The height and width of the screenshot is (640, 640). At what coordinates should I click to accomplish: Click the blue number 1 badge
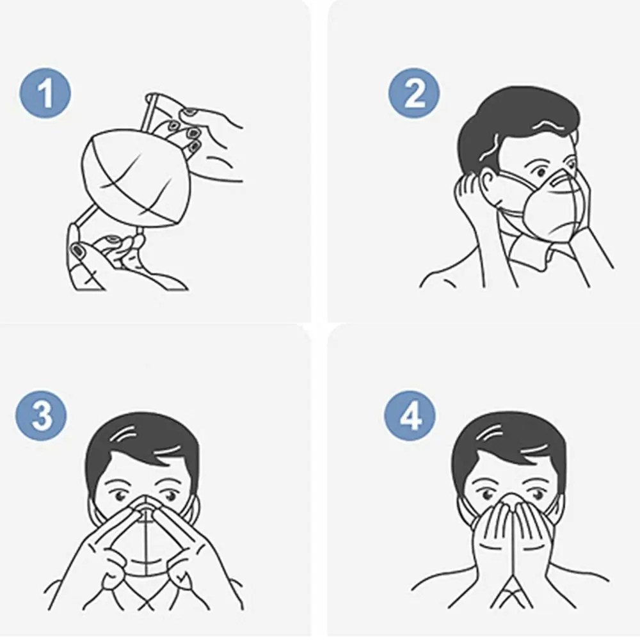(x=45, y=95)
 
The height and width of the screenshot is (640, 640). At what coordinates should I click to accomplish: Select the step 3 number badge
(x=42, y=416)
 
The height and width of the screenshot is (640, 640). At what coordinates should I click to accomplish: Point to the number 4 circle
(x=410, y=416)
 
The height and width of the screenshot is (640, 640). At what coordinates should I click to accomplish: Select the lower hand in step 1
(x=109, y=256)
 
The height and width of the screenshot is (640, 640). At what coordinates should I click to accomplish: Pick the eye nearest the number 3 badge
(x=119, y=495)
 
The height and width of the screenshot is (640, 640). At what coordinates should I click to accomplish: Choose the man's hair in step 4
(x=509, y=442)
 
